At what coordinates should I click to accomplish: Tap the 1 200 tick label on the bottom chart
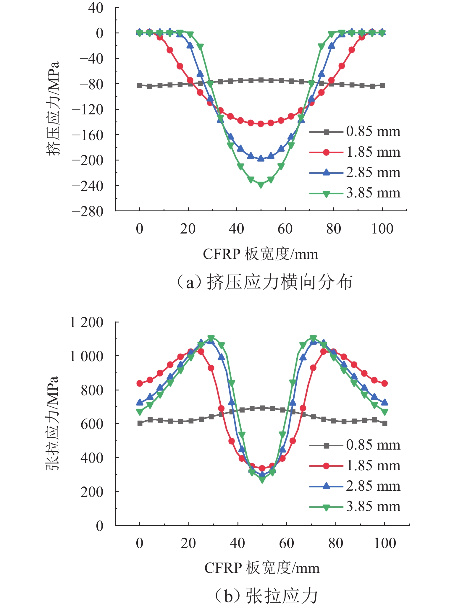click(86, 322)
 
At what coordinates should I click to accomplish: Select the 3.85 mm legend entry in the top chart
click(355, 193)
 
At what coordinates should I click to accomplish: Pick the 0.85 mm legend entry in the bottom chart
click(355, 445)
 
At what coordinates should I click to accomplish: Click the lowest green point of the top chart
click(261, 185)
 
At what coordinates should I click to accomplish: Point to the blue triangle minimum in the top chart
click(261, 159)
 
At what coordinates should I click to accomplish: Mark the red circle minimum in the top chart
click(261, 124)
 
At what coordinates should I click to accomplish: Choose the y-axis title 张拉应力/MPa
click(53, 423)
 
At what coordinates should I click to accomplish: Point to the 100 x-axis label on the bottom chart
click(385, 543)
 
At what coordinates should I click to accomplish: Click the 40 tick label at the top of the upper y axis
click(96, 8)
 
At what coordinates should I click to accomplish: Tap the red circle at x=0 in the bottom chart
click(140, 383)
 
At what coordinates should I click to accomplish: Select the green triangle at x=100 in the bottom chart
click(385, 411)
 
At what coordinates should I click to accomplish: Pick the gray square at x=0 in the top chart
click(140, 85)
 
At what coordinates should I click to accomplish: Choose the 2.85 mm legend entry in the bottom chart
click(355, 486)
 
